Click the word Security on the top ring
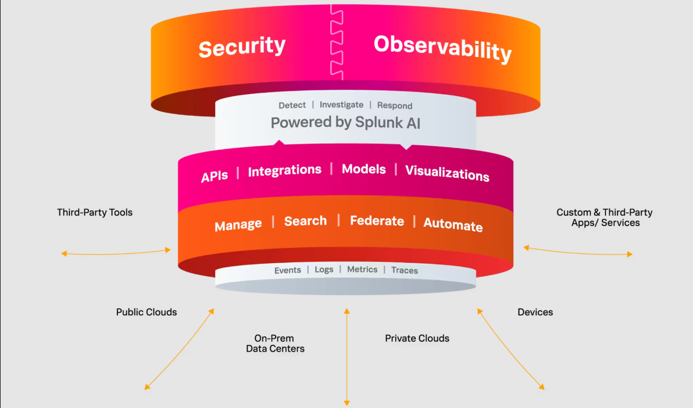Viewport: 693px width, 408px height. pos(242,47)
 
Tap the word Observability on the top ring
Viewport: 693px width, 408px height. pos(443,48)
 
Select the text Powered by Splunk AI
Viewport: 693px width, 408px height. pos(346,122)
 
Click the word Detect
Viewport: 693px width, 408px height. pos(292,105)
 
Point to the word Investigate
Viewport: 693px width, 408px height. pos(341,105)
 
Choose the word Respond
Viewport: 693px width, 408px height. pos(395,105)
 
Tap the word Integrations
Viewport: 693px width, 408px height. pos(284,171)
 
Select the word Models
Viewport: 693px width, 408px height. pos(364,169)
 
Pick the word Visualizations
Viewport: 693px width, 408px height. pos(447,173)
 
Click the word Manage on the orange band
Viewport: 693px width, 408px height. pos(238,225)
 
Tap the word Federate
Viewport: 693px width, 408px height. pos(377,221)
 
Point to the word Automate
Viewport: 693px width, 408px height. pos(453,225)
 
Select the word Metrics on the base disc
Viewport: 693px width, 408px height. pos(362,269)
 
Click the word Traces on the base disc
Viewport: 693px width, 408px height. pos(405,270)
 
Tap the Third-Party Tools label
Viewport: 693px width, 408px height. pos(95,213)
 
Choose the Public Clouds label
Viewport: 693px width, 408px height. pos(147,312)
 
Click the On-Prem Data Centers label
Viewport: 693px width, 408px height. pos(275,344)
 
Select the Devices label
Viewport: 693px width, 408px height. pos(535,312)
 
